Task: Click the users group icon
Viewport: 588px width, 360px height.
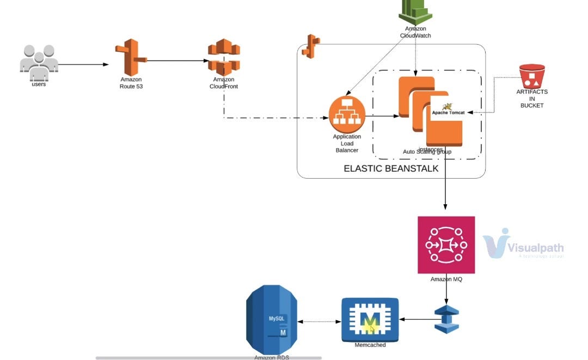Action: coord(39,61)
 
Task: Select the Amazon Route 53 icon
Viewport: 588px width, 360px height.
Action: coord(130,57)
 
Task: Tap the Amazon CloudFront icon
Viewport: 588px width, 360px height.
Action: coord(224,57)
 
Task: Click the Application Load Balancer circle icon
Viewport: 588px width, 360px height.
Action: coord(347,114)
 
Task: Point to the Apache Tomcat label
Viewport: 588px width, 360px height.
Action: coord(448,112)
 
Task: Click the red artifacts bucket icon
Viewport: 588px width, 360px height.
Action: coord(531,76)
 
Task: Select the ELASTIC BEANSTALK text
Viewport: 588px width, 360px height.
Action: coord(391,169)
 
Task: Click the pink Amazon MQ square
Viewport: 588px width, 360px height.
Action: coord(446,245)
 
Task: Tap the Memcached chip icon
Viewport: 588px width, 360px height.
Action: coord(370,320)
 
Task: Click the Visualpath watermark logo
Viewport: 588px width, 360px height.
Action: coord(523,245)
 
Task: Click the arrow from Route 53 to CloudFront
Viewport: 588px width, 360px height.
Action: coord(177,61)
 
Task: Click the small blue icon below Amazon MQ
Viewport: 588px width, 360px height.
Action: coord(446,319)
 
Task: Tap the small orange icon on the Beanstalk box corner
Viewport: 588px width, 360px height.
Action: coord(311,46)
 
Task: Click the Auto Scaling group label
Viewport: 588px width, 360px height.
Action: coord(427,152)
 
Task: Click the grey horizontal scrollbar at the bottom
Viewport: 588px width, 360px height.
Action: coord(209,358)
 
